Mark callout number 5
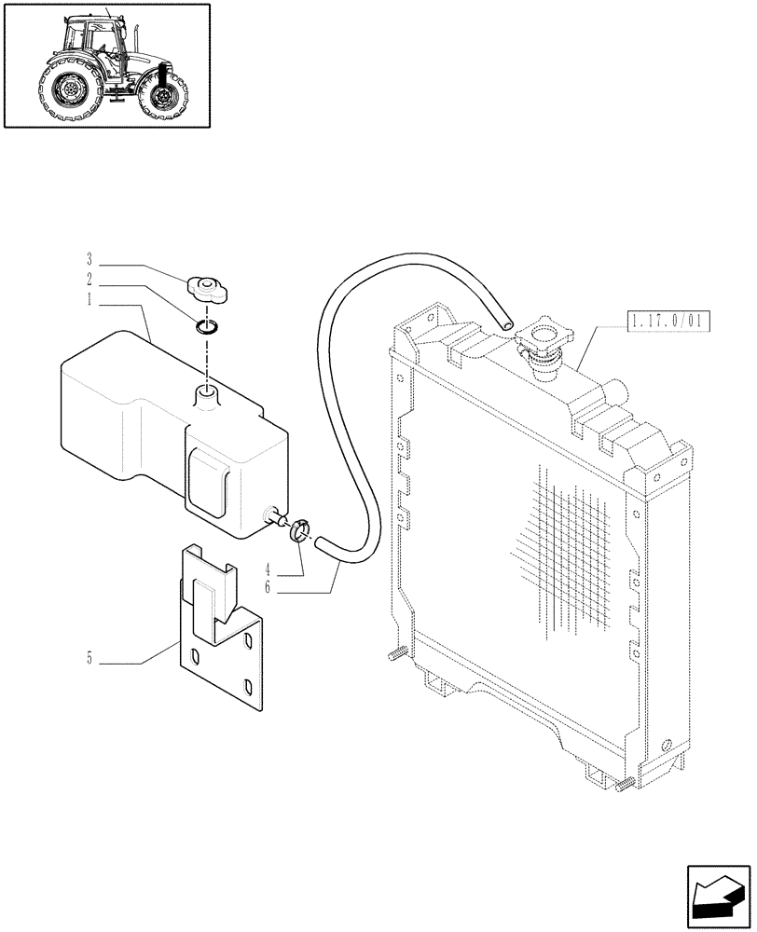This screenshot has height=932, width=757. [x=90, y=660]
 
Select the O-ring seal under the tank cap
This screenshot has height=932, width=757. [x=207, y=325]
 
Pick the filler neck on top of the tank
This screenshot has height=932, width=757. [x=206, y=395]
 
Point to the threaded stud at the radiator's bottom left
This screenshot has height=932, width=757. [x=394, y=653]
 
